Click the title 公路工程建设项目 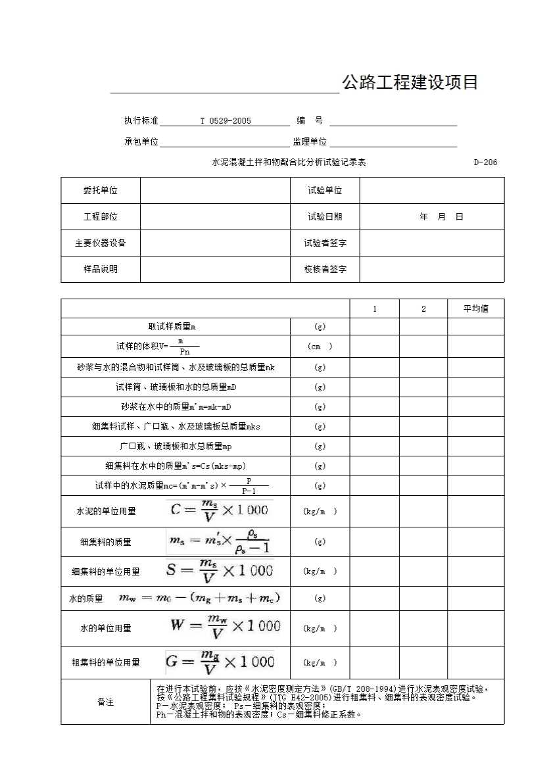tap(409, 83)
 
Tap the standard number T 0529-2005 tap(226, 121)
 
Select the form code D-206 tap(485, 162)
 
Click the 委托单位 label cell tap(101, 191)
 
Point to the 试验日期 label tap(325, 216)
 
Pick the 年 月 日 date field tap(441, 216)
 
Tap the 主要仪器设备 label tap(101, 243)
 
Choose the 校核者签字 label tap(325, 269)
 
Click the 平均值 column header tap(476, 308)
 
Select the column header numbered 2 tap(423, 308)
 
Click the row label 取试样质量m tap(172, 327)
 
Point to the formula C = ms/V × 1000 tap(219, 511)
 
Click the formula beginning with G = tap(220, 662)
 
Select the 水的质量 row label tap(86, 598)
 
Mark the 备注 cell tap(106, 702)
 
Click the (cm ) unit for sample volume tap(320, 347)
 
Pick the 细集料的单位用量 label tap(106, 572)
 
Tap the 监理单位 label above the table tap(310, 141)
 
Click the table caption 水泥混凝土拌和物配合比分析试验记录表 tap(289, 162)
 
